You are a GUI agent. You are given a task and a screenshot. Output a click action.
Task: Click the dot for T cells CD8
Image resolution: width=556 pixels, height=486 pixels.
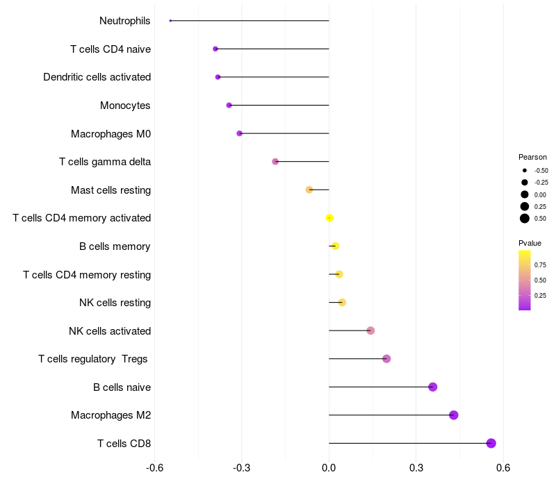coord(491,443)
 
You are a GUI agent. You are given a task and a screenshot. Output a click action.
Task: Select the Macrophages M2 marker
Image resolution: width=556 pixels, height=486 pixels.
coord(454,415)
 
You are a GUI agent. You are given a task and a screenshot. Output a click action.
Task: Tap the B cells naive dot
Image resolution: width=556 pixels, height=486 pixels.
coord(433,387)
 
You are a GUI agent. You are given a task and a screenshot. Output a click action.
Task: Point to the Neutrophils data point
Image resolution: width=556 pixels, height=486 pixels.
coord(170,21)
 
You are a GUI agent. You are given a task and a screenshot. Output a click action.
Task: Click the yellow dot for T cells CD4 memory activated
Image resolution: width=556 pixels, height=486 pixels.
coord(329,218)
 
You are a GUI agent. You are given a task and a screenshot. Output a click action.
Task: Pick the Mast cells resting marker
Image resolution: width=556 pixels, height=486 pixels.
coord(309,190)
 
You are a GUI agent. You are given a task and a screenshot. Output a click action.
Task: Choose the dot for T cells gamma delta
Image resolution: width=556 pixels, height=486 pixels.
coord(275,161)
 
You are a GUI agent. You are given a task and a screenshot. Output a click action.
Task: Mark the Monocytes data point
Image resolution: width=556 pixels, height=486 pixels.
coord(229,105)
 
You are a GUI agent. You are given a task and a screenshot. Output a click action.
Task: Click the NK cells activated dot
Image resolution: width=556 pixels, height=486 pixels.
coord(370,330)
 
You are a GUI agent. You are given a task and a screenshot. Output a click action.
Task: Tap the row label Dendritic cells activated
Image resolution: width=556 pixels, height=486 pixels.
coord(97,77)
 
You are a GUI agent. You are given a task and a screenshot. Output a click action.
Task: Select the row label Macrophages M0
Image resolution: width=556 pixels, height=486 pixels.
coord(111,133)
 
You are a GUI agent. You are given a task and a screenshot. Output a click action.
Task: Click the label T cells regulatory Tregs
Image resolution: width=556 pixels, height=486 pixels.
coord(93,359)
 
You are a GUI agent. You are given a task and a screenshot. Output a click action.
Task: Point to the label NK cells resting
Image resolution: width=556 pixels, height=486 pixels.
coord(115,303)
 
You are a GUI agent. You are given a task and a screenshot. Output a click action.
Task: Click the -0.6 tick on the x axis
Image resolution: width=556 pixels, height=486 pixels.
coord(155,468)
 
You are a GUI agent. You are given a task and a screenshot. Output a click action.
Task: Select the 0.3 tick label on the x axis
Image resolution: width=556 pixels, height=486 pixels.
coord(416,468)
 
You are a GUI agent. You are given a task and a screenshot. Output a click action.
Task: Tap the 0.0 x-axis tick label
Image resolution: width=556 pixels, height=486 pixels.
coord(329,468)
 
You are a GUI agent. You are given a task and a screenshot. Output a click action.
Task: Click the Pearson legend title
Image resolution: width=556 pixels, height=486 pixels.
coord(532,157)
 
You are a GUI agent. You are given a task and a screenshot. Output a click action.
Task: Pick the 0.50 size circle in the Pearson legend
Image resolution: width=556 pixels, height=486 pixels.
coord(525,219)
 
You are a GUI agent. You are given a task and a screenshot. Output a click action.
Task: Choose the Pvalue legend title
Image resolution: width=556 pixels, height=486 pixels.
coord(530,243)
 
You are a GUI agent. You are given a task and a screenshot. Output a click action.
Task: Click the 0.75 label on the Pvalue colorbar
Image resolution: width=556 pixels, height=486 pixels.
coord(540,265)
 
